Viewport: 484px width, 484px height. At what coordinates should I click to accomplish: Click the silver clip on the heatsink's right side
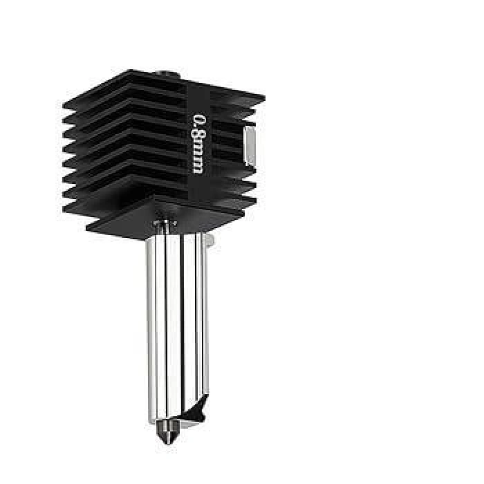(x=250, y=145)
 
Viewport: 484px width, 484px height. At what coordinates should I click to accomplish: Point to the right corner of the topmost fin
(x=263, y=97)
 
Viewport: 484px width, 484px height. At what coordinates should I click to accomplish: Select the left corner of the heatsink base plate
(x=88, y=227)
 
